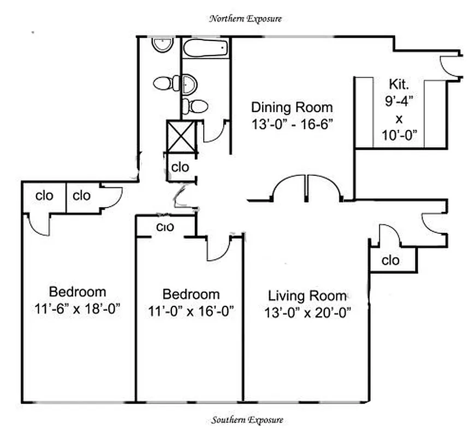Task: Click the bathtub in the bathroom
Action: pos(205,48)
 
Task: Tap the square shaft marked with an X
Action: pos(181,137)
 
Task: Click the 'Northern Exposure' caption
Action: pos(245,19)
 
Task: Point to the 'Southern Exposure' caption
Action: pos(247,420)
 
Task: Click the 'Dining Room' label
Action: pos(292,107)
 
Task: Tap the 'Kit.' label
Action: pos(397,84)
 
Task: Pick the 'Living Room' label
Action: pos(307,296)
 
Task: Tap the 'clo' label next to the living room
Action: pos(390,261)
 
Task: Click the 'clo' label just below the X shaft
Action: pos(180,167)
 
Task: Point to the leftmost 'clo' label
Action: pos(44,195)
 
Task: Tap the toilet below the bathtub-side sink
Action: pos(195,106)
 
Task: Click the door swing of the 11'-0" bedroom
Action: pos(218,249)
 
